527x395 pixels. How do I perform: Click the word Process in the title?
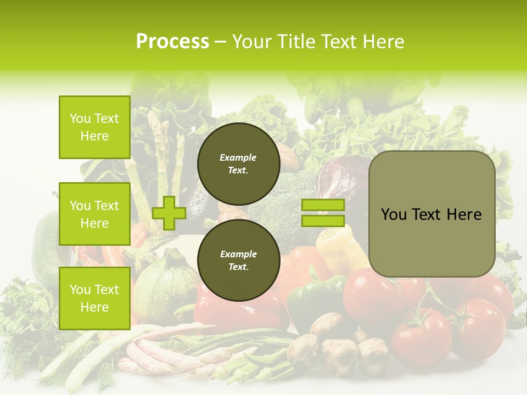coord(172,42)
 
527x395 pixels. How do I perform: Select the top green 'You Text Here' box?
coord(94,127)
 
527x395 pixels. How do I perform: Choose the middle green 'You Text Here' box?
coord(94,214)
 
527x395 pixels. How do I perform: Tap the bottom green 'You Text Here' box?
coord(94,298)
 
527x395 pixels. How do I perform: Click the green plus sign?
coord(169,213)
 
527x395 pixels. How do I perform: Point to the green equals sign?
coord(323,213)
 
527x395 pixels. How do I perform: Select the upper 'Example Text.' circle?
coord(238,163)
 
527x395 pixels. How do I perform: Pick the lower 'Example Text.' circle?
coord(238,260)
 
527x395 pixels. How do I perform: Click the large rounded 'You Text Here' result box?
coord(431,214)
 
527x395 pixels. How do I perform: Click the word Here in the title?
coord(382,42)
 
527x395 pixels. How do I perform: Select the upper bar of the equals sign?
coord(323,205)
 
